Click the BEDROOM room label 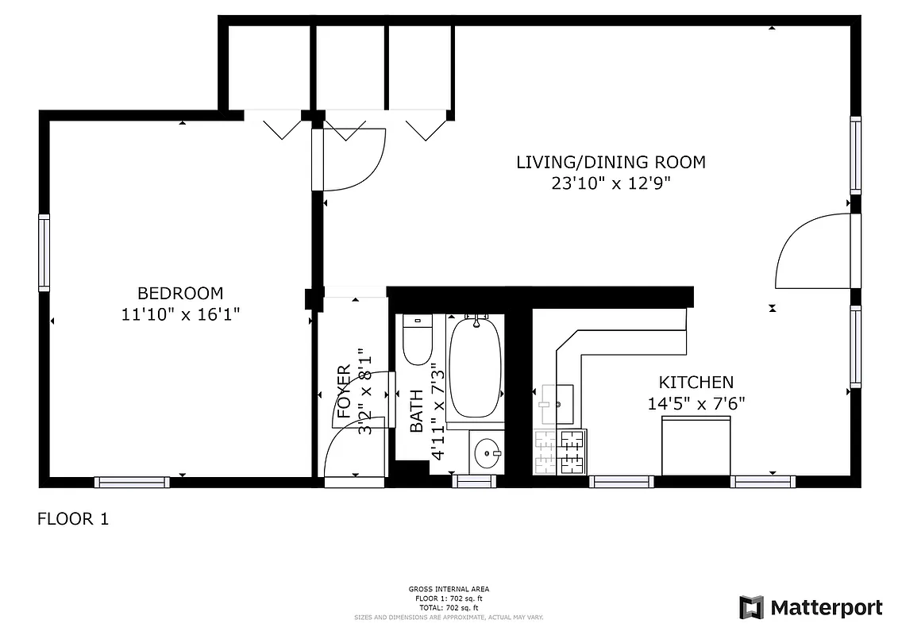(180, 293)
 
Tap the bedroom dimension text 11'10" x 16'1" (180, 314)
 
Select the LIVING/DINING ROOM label (611, 163)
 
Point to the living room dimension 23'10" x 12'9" (611, 183)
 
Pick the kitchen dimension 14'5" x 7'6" (696, 403)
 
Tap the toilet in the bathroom (417, 340)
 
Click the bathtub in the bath (476, 367)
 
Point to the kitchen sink (558, 404)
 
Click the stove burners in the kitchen (560, 452)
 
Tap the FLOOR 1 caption (73, 519)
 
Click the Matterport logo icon (751, 607)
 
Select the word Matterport (827, 608)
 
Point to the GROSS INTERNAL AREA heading (449, 589)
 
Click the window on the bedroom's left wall (44, 253)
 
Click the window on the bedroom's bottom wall (132, 482)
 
